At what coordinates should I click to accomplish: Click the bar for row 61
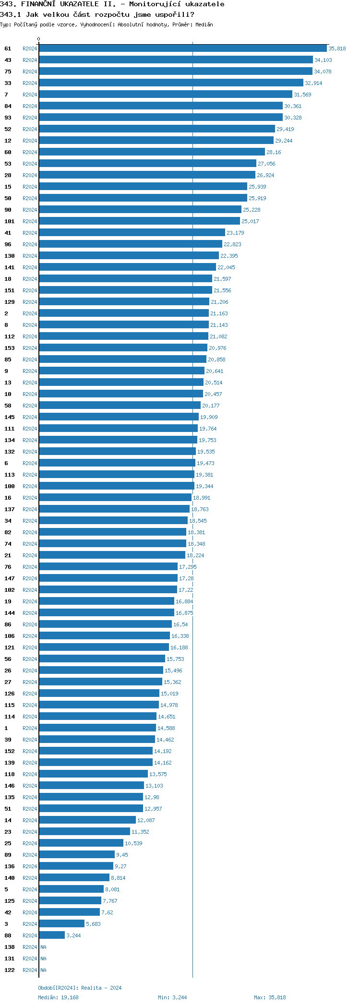(182, 48)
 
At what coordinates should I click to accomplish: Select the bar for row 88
(52, 935)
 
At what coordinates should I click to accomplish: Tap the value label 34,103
(323, 60)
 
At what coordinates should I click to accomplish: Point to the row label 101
(10, 221)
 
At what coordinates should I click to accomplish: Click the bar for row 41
(132, 233)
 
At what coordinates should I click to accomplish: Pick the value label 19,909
(209, 417)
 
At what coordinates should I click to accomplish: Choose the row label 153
(10, 348)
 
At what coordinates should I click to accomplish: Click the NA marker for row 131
(43, 958)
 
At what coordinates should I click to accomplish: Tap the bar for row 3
(61, 924)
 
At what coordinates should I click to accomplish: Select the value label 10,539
(133, 843)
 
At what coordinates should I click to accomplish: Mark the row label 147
(10, 578)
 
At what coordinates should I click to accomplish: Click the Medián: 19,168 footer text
(58, 997)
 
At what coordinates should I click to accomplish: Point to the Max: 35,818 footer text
(270, 997)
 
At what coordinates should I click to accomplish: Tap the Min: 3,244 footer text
(172, 997)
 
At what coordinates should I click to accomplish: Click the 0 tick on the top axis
(39, 39)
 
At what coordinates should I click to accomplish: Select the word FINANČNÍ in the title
(38, 4)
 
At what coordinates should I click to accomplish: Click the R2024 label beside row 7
(30, 95)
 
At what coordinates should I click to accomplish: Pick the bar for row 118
(93, 774)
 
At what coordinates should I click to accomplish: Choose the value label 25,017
(250, 221)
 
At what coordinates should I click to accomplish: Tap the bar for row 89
(77, 855)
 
